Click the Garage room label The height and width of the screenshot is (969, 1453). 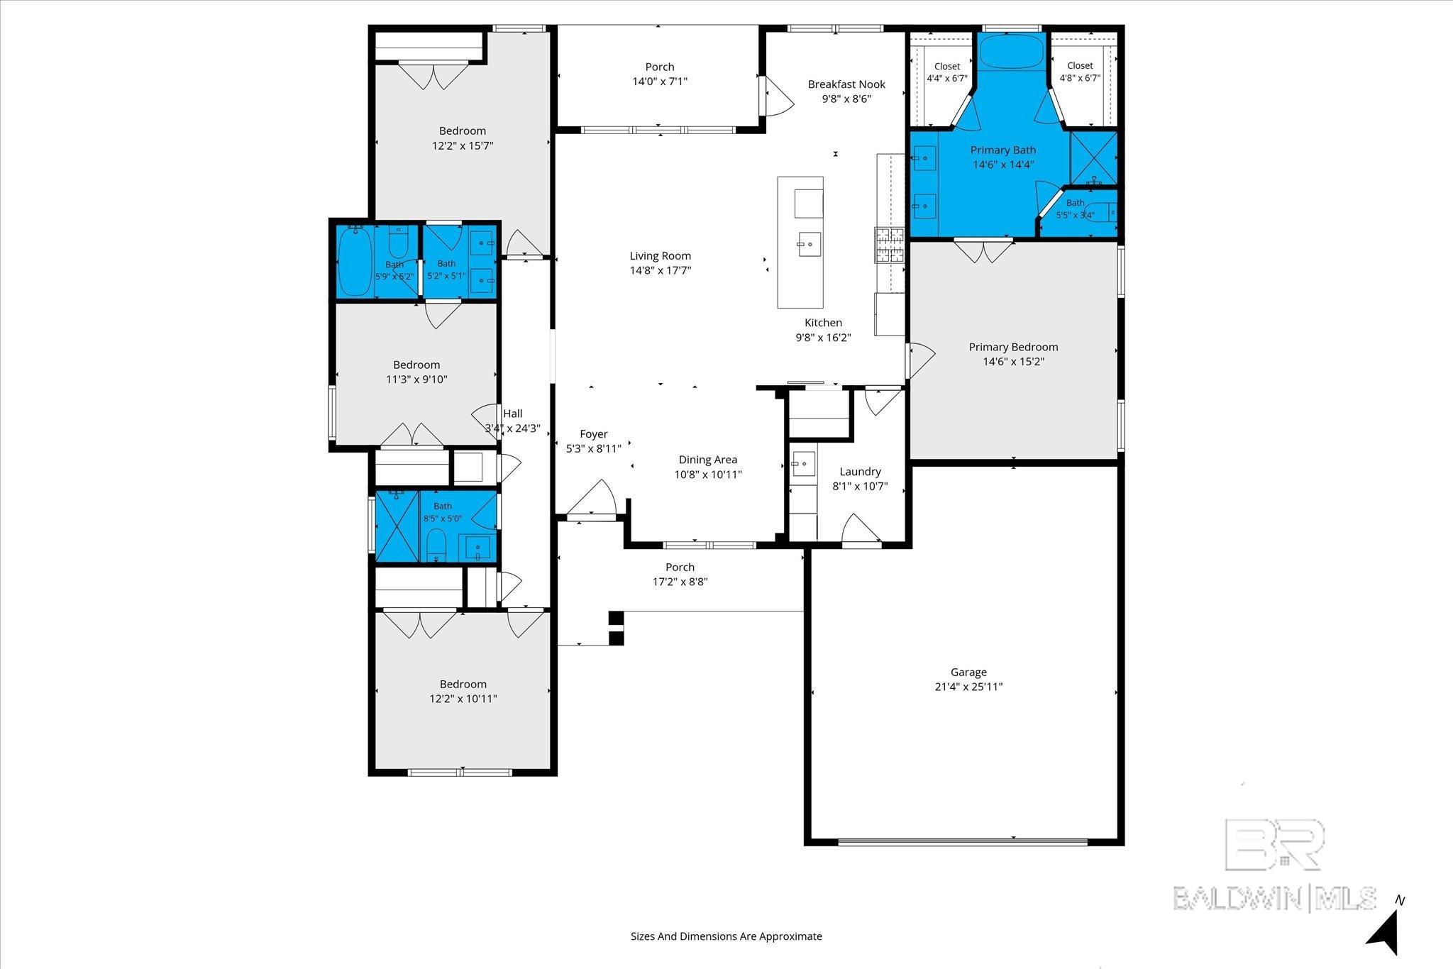968,672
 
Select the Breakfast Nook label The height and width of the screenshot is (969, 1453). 846,84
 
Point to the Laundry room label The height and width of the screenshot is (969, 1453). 860,472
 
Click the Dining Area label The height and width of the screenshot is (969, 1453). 708,460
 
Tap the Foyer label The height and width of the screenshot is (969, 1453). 594,434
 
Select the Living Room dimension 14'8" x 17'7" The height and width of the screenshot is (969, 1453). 661,270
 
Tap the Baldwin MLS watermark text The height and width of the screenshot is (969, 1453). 1274,897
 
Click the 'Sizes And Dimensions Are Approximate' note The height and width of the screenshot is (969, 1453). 726,936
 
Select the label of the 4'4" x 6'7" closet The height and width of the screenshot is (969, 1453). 947,66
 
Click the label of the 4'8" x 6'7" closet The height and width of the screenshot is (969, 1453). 1080,66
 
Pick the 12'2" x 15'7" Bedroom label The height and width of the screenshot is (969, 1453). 463,131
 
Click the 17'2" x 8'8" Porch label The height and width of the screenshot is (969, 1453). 680,567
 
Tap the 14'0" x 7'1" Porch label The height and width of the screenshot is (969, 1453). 660,67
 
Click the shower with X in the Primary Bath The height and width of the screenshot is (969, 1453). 1093,158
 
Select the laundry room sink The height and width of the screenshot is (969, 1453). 803,464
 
